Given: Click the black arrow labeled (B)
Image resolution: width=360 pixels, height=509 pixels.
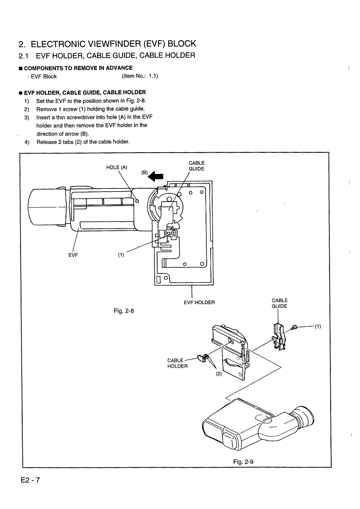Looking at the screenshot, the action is pos(156,176).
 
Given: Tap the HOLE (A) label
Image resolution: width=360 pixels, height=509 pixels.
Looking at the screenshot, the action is pos(116,168).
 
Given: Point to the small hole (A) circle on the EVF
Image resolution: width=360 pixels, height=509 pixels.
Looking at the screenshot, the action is pos(137,201).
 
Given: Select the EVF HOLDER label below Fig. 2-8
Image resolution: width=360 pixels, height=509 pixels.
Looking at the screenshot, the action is pos(199,302).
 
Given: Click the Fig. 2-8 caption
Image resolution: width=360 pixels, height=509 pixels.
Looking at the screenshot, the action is pos(124,311).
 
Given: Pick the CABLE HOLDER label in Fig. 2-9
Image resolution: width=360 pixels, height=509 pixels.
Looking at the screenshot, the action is pos(177,363).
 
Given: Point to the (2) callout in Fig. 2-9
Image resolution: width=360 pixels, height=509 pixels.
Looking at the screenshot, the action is pos(219,374).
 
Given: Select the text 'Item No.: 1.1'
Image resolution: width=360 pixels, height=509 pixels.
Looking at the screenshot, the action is pos(140,76).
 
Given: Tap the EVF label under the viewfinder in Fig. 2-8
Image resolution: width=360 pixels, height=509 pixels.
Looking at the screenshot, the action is pos(73,255).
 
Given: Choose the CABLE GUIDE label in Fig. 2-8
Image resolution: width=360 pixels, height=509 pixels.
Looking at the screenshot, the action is pos(196,166).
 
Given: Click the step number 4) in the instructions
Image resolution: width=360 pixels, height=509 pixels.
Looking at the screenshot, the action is pos(27,142).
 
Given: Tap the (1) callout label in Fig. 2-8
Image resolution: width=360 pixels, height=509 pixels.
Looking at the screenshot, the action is pos(121,255).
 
